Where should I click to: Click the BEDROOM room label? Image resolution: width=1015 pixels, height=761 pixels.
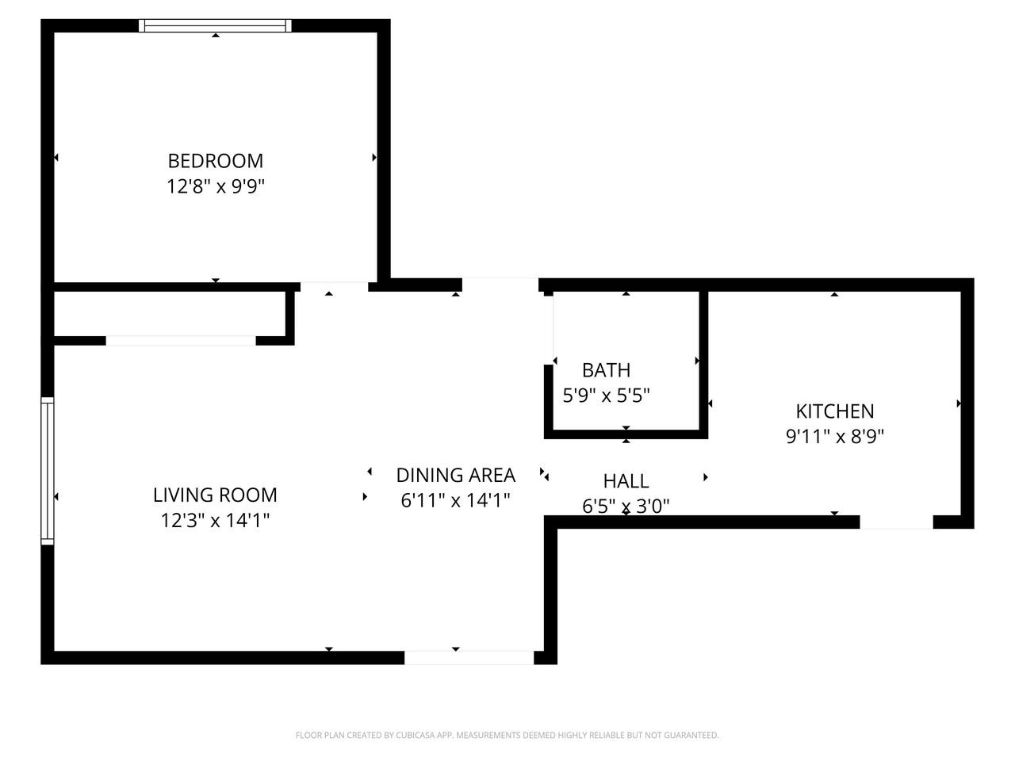point(215,161)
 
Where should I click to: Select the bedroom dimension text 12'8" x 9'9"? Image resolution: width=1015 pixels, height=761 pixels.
point(215,187)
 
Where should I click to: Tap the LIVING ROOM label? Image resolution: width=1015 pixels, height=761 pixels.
point(215,495)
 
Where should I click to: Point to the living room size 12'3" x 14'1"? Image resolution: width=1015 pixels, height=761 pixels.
point(215,521)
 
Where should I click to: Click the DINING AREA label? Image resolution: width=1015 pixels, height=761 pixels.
point(455,475)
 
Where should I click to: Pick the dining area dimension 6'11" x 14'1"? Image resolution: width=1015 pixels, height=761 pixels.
point(455,500)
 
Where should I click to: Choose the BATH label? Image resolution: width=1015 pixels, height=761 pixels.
point(606,370)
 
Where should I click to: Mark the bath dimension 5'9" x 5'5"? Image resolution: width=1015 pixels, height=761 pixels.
point(606,395)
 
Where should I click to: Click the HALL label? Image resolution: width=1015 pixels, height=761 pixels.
point(626,481)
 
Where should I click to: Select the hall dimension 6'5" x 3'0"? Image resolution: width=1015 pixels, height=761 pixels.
point(626,506)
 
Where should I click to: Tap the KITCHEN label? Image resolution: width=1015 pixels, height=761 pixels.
point(834,411)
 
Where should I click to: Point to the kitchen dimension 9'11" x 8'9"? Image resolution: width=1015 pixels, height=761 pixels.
point(834,436)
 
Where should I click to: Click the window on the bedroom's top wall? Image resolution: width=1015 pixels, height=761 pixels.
point(215,25)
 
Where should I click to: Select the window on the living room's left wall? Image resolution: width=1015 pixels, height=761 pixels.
point(48,471)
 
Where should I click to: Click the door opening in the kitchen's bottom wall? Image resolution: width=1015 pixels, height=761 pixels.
point(896,522)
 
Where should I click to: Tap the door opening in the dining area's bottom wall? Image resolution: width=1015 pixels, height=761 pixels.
point(469,658)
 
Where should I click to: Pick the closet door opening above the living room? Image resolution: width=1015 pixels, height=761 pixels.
point(181,341)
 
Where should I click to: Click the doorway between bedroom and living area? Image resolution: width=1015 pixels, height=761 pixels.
point(334,286)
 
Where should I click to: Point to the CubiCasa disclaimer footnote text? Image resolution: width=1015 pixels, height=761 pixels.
point(507,736)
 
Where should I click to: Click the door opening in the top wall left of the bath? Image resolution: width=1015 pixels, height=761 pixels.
point(500,285)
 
